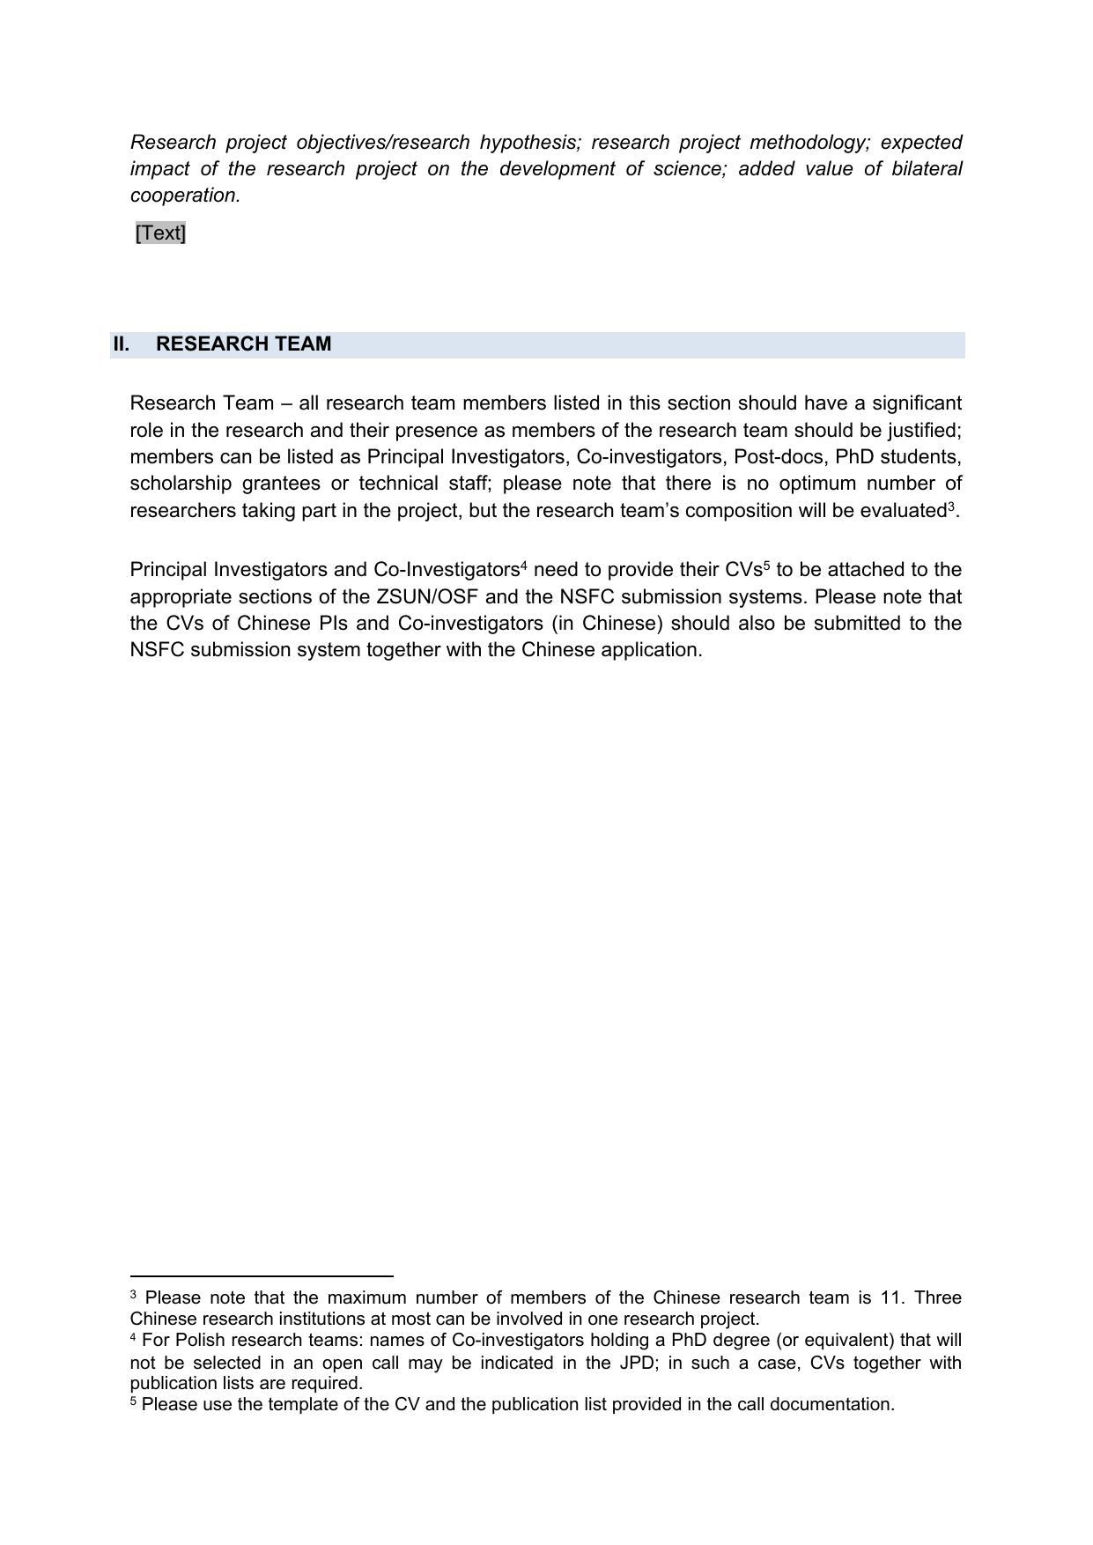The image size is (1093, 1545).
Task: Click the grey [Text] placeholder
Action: point(160,233)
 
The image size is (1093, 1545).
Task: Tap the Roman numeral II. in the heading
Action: point(121,344)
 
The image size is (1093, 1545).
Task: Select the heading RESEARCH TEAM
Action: point(243,344)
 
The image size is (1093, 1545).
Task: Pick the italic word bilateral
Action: point(927,168)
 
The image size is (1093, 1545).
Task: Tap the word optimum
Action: point(816,483)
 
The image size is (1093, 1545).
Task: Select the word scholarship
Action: point(181,483)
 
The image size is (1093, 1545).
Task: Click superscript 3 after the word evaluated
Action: point(951,506)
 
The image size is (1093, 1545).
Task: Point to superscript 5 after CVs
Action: point(766,566)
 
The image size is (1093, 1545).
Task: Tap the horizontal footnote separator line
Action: point(261,1275)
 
